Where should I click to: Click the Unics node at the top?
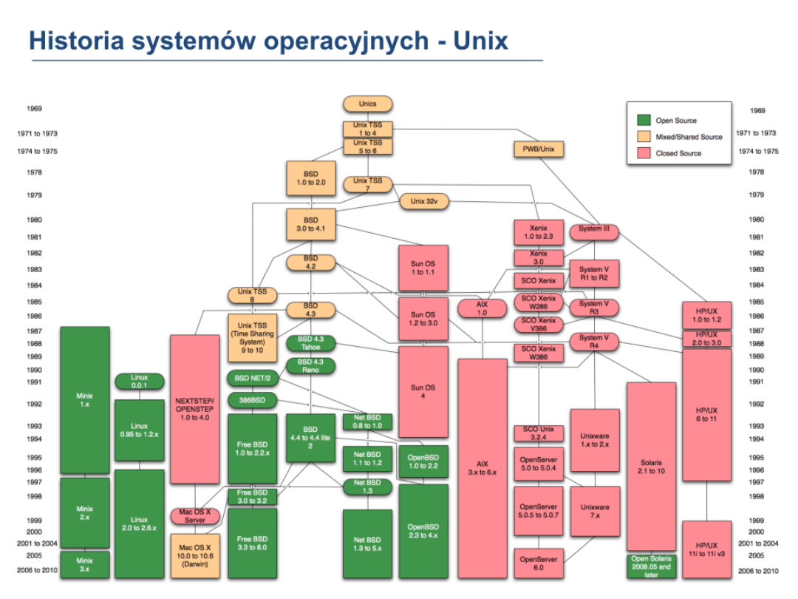tap(367, 104)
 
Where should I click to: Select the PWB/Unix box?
tap(538, 149)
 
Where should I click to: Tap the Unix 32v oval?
tap(424, 201)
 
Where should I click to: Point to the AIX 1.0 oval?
tap(482, 308)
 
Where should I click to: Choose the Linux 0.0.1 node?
tap(140, 382)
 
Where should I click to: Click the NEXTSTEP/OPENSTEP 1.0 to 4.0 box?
tap(194, 407)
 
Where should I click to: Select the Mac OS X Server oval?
tap(194, 515)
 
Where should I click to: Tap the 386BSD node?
tap(252, 400)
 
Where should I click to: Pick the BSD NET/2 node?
tap(252, 378)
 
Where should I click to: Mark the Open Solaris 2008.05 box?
tap(651, 566)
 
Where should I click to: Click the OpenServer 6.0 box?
tap(538, 563)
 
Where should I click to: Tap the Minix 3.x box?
tap(85, 565)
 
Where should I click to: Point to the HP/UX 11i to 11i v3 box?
tap(706, 549)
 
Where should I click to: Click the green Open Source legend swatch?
tap(644, 121)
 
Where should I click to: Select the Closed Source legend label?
tap(678, 153)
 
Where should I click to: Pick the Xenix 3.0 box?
tap(539, 257)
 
